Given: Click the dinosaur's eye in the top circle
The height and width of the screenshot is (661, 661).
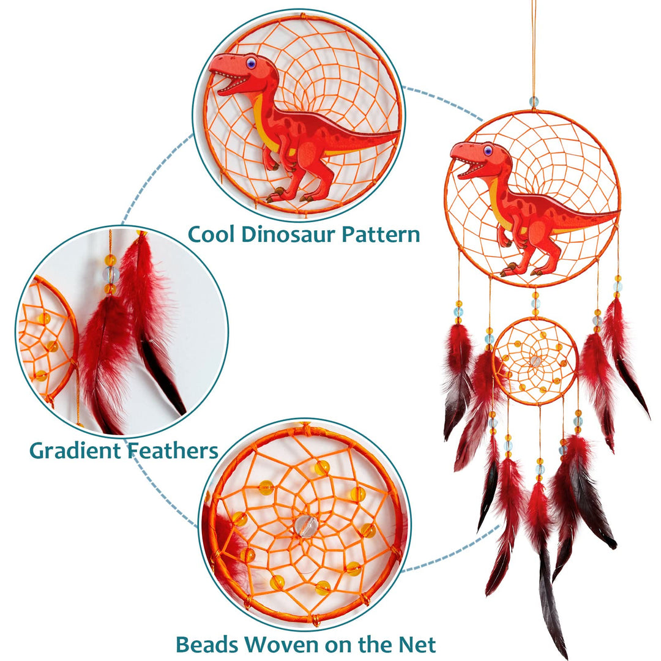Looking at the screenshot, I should (251, 62).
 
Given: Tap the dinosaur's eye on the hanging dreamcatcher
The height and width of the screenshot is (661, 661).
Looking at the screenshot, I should (488, 150).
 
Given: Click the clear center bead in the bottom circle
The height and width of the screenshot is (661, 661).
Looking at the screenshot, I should (305, 525).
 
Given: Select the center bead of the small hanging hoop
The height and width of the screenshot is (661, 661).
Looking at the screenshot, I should (536, 361).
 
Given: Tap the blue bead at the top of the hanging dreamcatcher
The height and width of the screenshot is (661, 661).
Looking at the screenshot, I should (534, 101).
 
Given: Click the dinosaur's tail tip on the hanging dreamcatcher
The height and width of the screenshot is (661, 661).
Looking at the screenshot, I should (617, 213).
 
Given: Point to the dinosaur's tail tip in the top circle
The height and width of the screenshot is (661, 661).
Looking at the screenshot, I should (399, 132).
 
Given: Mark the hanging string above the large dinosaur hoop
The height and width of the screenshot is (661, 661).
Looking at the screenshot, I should (534, 49).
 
